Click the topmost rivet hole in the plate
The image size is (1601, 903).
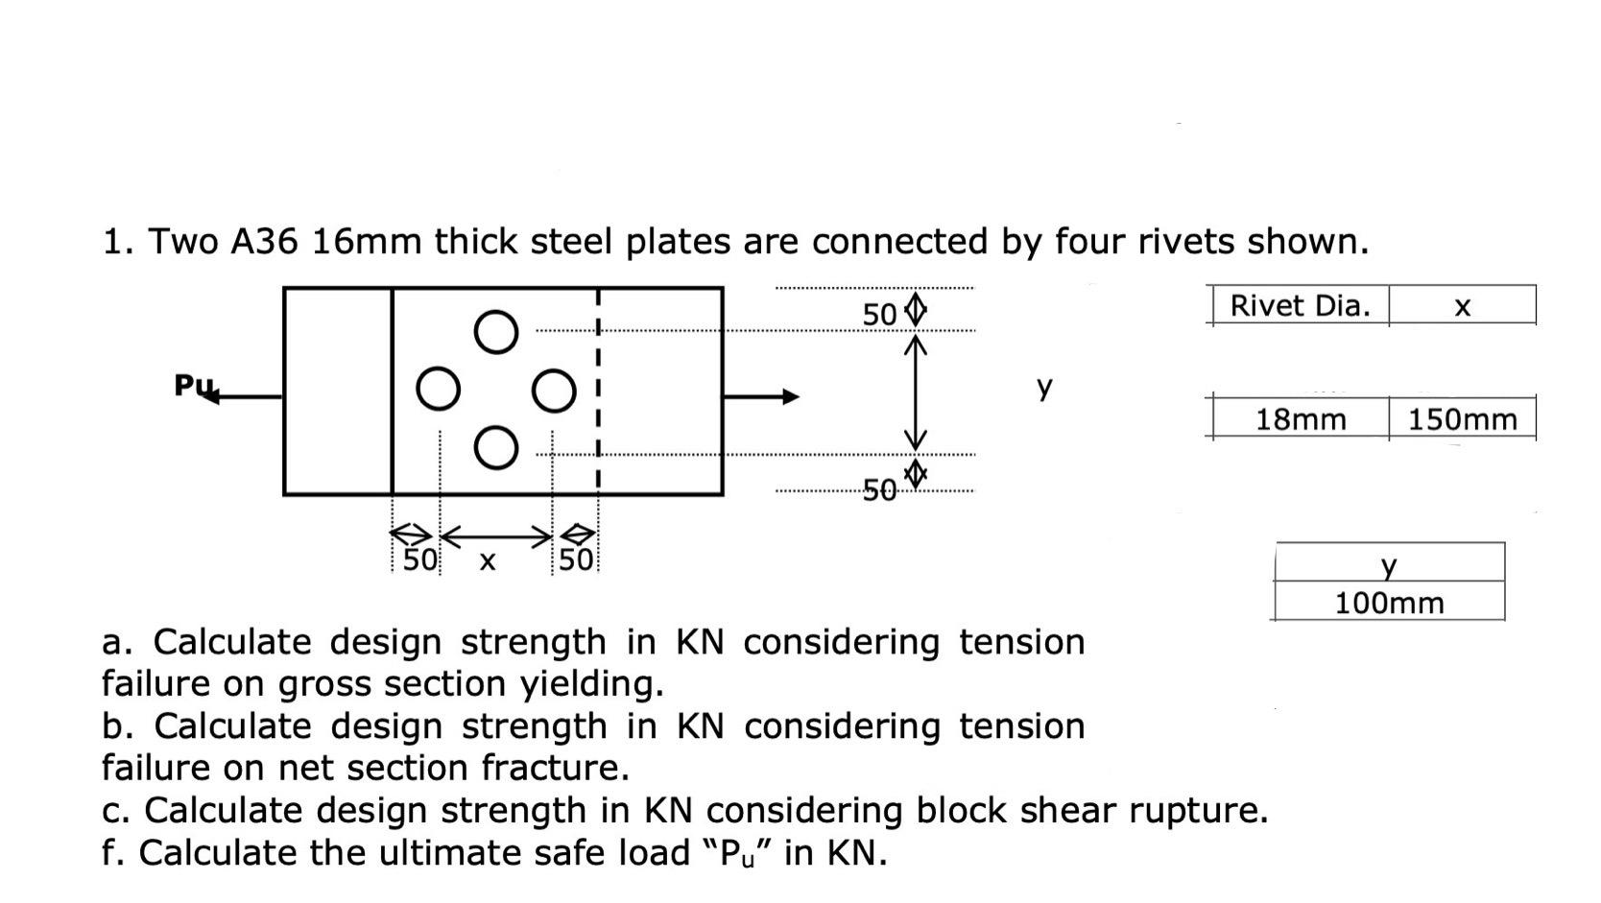point(495,332)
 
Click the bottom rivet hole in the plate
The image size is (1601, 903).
point(495,448)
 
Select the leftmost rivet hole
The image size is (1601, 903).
point(439,390)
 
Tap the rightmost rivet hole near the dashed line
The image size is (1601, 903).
point(553,391)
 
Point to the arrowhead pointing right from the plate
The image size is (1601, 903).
point(790,396)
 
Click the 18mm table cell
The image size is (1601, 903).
point(1301,419)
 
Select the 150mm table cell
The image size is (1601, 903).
point(1462,419)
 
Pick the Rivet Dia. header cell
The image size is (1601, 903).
point(1301,306)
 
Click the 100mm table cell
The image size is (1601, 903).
point(1389,603)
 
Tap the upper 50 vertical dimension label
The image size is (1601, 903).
point(879,315)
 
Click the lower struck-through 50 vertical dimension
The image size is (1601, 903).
point(879,492)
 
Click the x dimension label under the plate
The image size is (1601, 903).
point(487,560)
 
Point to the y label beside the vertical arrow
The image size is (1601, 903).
point(1044,387)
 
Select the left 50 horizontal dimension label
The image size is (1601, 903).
point(418,559)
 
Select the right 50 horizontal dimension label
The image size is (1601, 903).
point(576,559)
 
